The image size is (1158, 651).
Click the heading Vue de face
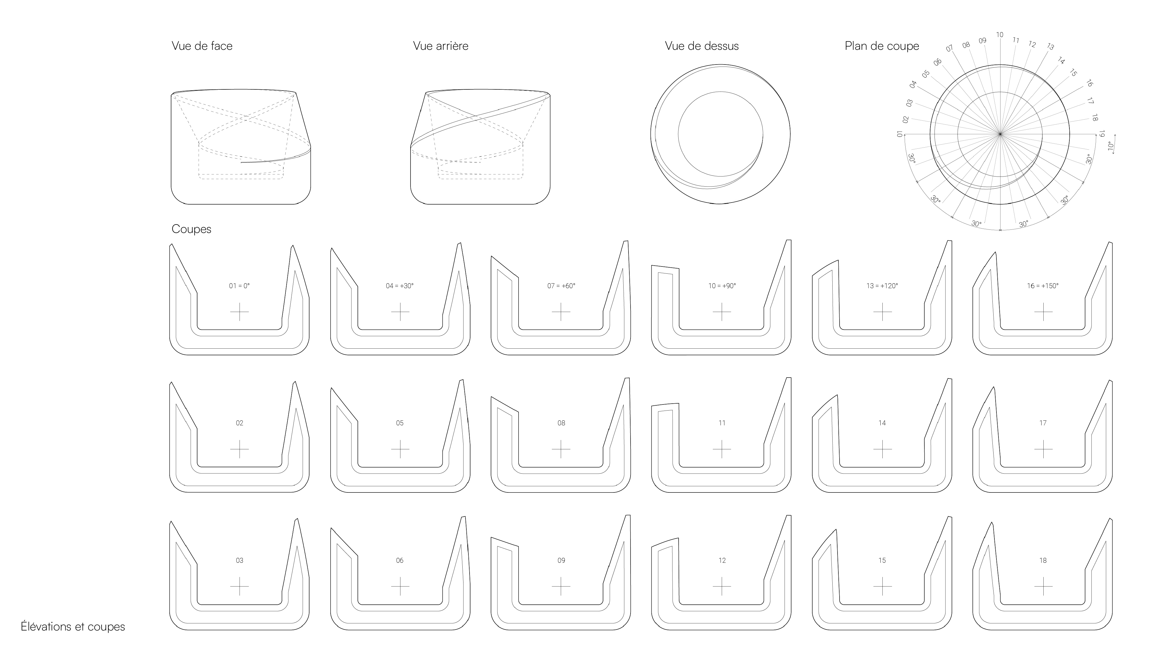[x=202, y=46]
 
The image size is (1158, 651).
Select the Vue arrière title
[x=441, y=46]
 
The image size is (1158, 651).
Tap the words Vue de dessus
[x=702, y=46]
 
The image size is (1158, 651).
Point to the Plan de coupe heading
[x=882, y=46]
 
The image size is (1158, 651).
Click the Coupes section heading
[x=191, y=229]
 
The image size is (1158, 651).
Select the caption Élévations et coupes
[x=73, y=627]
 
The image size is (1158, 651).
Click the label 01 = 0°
[x=239, y=286]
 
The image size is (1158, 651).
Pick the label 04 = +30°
[x=400, y=286]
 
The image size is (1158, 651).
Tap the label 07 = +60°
[x=561, y=286]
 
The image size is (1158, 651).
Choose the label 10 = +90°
[x=722, y=286]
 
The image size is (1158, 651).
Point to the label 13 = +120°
[x=882, y=286]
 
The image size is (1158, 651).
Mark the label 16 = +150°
[x=1043, y=286]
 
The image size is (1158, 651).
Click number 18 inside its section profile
[x=1043, y=560]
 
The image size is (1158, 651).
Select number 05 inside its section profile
[x=400, y=423]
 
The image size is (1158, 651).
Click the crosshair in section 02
[x=239, y=449]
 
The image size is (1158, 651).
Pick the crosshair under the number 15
[x=882, y=586]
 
